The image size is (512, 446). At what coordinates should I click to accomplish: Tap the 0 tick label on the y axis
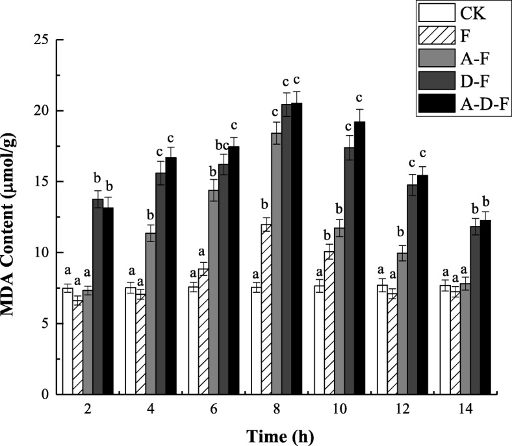tap(45, 394)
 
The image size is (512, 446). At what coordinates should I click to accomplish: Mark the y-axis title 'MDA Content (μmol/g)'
tap(12, 217)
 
